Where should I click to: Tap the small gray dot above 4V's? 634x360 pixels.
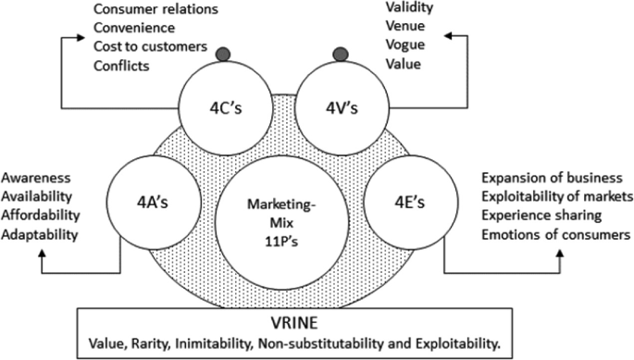pos(341,54)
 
